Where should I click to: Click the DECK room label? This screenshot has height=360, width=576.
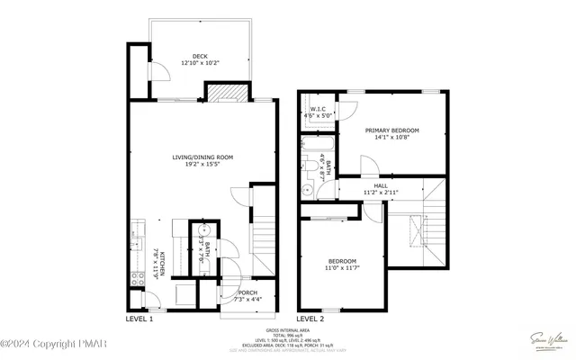coord(200,59)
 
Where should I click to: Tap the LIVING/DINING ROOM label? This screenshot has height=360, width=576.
coord(202,161)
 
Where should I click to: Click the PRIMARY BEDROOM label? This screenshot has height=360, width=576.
coord(391,134)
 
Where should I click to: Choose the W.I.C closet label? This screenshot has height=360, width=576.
coord(317,112)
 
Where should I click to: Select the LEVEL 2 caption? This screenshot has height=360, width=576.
coord(310,319)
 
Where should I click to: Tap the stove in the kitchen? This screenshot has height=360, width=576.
coord(137,279)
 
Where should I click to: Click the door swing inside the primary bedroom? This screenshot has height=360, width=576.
coord(369,166)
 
